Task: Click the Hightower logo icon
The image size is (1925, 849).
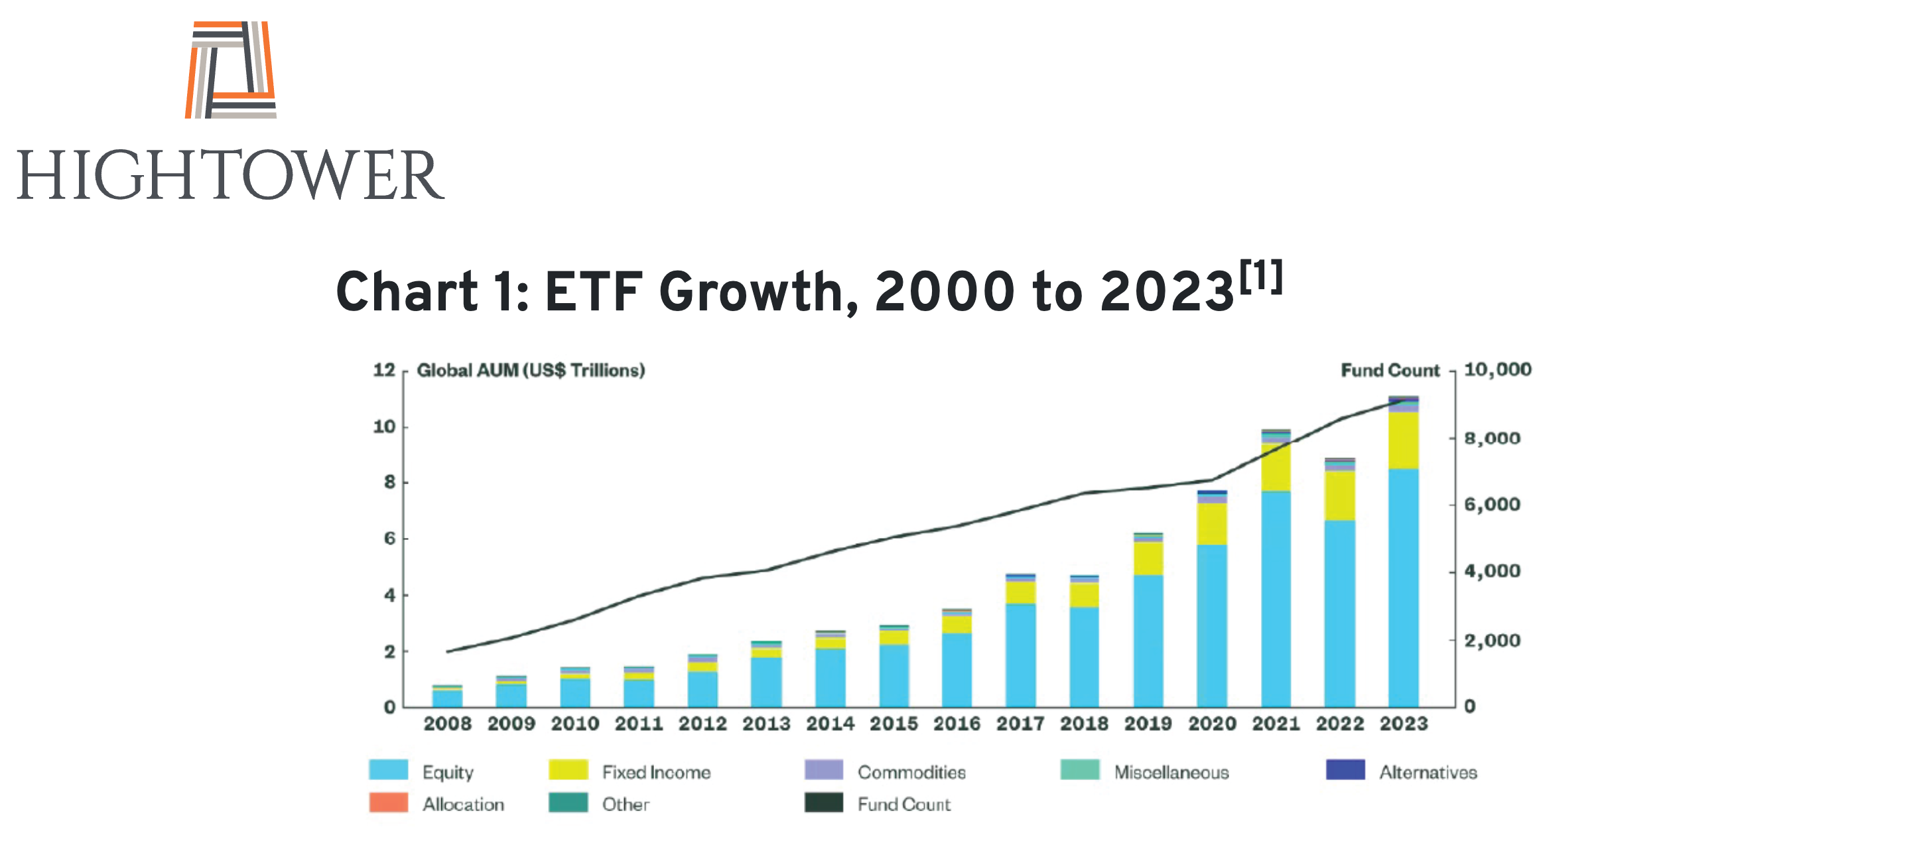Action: [x=231, y=70]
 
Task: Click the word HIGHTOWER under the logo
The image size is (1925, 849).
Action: [x=231, y=175]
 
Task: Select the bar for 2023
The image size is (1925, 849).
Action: [x=1403, y=553]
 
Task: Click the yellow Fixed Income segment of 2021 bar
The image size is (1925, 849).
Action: [x=1276, y=467]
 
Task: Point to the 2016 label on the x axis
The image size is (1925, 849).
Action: [x=957, y=724]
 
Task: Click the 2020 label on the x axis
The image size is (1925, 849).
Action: [x=1212, y=724]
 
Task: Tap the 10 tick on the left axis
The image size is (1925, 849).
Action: [x=384, y=426]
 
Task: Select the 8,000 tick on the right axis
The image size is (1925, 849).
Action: [x=1492, y=438]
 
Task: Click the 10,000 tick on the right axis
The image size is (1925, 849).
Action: [x=1496, y=369]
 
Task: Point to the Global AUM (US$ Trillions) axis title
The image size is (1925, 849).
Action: [x=531, y=370]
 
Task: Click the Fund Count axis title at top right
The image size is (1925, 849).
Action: [x=1389, y=370]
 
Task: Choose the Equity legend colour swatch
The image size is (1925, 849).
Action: [x=389, y=770]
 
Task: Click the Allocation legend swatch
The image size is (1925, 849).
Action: [x=389, y=803]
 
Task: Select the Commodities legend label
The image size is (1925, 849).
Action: [x=911, y=772]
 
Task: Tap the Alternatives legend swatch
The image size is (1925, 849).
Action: [x=1345, y=770]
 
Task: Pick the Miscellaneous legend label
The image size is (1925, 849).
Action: [x=1171, y=772]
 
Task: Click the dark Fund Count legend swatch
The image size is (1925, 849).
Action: [x=823, y=803]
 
